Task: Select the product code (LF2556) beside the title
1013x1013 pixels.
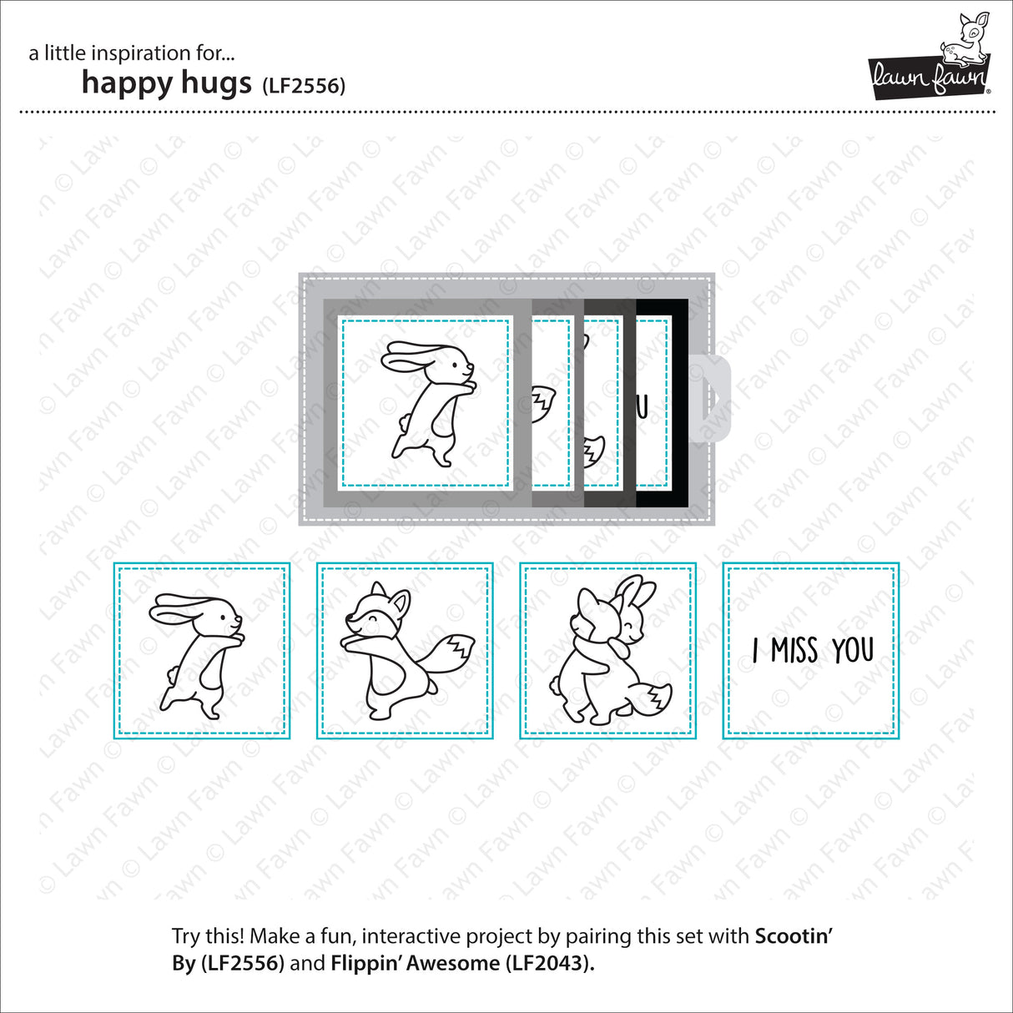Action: click(x=303, y=86)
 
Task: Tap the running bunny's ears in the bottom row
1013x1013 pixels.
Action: click(x=179, y=607)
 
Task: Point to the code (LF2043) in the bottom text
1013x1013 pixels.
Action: click(x=549, y=963)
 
